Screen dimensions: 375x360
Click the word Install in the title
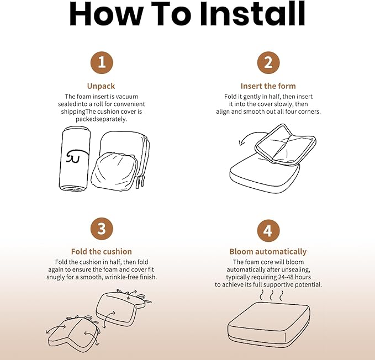point(252,14)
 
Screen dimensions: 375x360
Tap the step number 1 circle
point(102,62)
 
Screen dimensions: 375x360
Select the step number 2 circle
point(268,62)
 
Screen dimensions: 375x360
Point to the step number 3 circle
point(102,229)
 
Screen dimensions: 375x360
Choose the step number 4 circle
point(268,231)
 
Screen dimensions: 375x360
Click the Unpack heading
point(101,86)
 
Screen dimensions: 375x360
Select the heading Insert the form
point(268,86)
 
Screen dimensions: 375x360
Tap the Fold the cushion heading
point(102,251)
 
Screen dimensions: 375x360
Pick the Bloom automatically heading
point(268,252)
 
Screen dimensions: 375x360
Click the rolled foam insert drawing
point(75,158)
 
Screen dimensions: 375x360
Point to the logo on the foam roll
point(76,156)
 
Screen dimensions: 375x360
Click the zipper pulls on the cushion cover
point(140,182)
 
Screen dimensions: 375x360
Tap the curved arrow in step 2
point(252,137)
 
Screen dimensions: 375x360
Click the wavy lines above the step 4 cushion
point(271,295)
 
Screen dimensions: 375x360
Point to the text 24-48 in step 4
point(286,277)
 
